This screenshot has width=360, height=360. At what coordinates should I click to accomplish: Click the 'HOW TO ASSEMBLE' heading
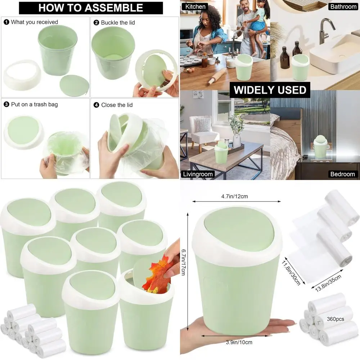[x=91, y=8]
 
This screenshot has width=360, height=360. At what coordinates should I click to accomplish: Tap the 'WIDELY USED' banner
[x=270, y=90]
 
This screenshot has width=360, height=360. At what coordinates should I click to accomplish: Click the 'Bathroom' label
[x=343, y=6]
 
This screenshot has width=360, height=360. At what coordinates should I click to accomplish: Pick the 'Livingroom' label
[x=198, y=174]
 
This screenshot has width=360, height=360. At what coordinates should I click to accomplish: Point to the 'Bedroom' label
[x=342, y=174]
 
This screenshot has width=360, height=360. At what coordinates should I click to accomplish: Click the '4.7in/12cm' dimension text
[x=234, y=197]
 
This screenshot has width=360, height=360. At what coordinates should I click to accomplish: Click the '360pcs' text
[x=336, y=319]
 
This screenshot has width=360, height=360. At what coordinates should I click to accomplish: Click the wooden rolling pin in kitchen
[x=216, y=77]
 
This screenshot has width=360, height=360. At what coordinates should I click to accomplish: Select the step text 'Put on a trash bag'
[x=34, y=104]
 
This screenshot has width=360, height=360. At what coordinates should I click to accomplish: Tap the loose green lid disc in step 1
[x=73, y=85]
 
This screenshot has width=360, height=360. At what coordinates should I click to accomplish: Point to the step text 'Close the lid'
[x=117, y=105]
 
